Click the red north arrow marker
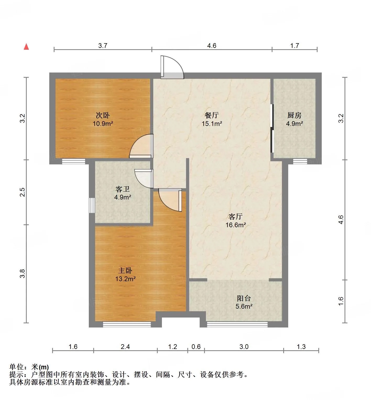[26, 47]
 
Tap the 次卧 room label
[103, 115]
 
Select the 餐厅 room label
[212, 115]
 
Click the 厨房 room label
[294, 115]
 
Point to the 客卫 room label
[123, 189]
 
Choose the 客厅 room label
[236, 216]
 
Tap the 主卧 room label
[125, 270]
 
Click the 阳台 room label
[244, 298]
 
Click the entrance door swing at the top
[172, 67]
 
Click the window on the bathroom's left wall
[92, 205]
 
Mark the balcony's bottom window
[237, 324]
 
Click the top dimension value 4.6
[212, 46]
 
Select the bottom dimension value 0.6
[196, 347]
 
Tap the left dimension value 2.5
[23, 192]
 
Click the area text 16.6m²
[236, 225]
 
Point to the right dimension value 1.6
[341, 301]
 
